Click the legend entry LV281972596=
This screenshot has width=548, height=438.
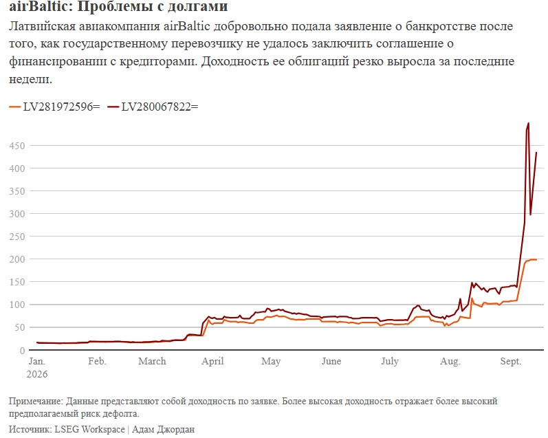(x=54, y=107)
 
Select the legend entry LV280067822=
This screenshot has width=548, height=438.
(x=153, y=107)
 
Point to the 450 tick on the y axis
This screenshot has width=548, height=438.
(x=17, y=146)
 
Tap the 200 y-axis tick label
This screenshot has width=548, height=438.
(x=17, y=259)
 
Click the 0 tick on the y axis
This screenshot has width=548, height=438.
(x=22, y=350)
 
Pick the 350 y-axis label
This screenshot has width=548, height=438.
(x=17, y=191)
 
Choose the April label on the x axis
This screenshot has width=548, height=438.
(x=212, y=362)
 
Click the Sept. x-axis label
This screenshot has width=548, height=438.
(x=511, y=362)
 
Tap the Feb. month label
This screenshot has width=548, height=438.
(x=97, y=361)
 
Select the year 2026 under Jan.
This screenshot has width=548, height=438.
(x=37, y=374)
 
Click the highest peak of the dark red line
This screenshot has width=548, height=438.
(x=528, y=123)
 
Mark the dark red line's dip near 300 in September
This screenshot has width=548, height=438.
(x=531, y=215)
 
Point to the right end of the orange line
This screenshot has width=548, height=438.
(x=536, y=259)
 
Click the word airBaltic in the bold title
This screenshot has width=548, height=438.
(x=39, y=6)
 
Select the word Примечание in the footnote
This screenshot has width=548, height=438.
(x=36, y=402)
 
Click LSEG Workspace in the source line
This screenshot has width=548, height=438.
(x=89, y=429)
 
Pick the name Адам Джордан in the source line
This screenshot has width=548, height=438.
(x=163, y=429)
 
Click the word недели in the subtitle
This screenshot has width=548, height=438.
(x=30, y=79)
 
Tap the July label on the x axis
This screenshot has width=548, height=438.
(x=390, y=362)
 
